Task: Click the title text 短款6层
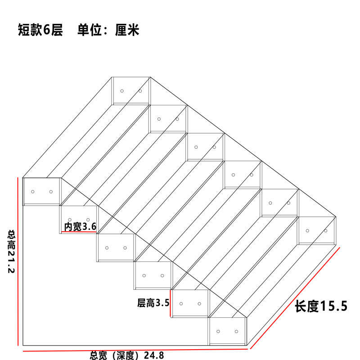(40, 30)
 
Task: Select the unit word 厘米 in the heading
(127, 30)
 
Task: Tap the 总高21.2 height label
(11, 252)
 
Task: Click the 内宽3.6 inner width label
(80, 227)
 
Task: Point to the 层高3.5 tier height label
(153, 303)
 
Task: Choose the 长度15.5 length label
(321, 306)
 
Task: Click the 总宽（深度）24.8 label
(127, 355)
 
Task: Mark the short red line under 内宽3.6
(79, 232)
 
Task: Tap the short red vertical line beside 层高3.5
(170, 303)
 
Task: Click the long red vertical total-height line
(18, 261)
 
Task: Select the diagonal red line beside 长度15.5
(295, 298)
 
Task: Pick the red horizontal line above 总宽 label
(135, 350)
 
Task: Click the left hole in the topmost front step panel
(32, 192)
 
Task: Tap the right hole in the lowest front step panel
(236, 331)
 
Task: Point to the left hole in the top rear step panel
(122, 91)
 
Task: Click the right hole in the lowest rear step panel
(325, 231)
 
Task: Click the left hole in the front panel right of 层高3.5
(181, 304)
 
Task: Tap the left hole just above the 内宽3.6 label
(70, 220)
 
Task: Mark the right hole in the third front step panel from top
(125, 248)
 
